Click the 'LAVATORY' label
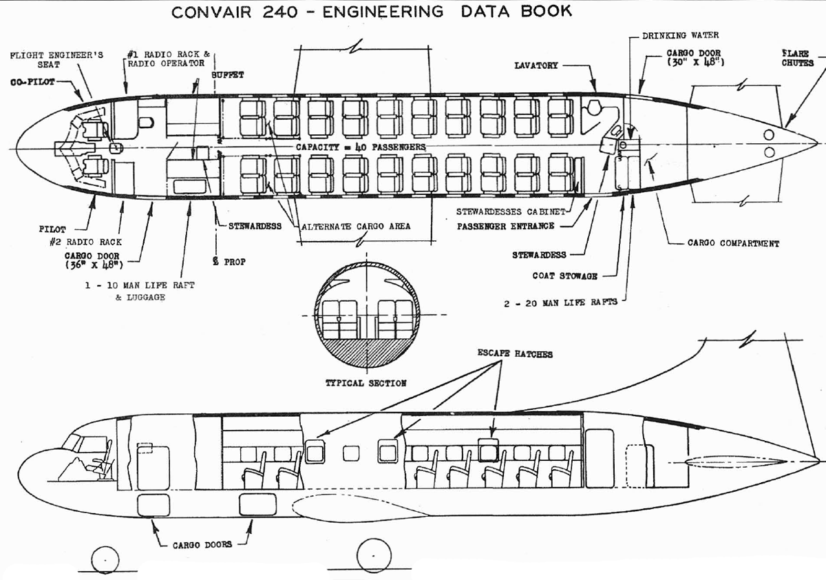tap(536, 65)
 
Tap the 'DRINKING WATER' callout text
tap(680, 35)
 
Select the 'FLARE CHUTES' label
tap(798, 59)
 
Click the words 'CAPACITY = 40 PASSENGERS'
tap(361, 147)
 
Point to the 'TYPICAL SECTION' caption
tap(366, 383)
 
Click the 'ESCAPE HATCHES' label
tap(515, 353)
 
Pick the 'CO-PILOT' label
tap(32, 82)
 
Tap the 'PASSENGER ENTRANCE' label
tap(505, 226)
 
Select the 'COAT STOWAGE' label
tap(564, 276)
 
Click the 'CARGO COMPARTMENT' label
tap(734, 243)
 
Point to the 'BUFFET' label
tap(228, 75)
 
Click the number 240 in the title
tap(280, 12)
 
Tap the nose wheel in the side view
tap(105, 560)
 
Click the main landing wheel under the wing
tap(374, 556)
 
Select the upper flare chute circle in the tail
tap(769, 135)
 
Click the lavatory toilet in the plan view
tap(594, 107)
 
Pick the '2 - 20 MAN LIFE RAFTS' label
tap(560, 303)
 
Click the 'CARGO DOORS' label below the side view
tap(202, 545)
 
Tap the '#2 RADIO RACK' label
tap(85, 242)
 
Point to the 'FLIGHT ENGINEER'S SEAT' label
tap(56, 60)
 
